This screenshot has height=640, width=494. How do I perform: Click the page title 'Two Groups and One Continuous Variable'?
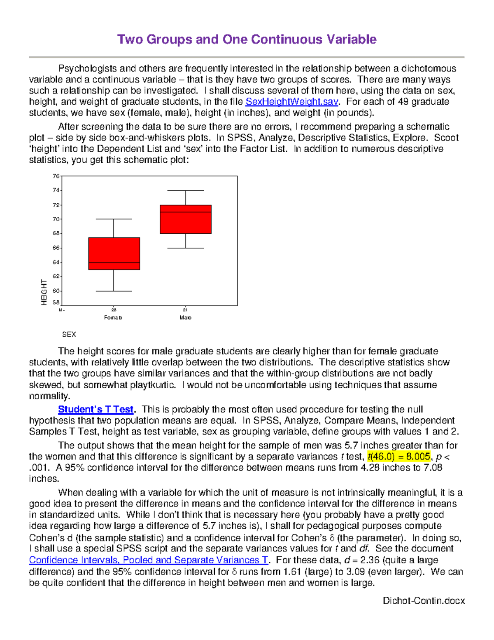pyautogui.click(x=247, y=39)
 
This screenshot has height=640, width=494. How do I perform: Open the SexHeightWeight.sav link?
pyautogui.click(x=291, y=102)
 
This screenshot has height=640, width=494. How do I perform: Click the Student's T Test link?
pyautogui.click(x=96, y=409)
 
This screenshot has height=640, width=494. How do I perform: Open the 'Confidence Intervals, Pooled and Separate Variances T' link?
pyautogui.click(x=149, y=560)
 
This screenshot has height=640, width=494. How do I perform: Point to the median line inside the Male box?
pyautogui.click(x=186, y=212)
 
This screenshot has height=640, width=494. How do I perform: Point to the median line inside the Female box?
pyautogui.click(x=114, y=263)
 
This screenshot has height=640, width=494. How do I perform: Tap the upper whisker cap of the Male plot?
pyautogui.click(x=186, y=190)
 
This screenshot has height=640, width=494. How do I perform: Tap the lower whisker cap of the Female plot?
pyautogui.click(x=114, y=291)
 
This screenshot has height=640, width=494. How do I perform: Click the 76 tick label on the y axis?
pyautogui.click(x=56, y=176)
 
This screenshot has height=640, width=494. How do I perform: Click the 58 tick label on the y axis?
pyautogui.click(x=56, y=302)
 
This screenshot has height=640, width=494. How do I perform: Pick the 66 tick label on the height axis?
pyautogui.click(x=56, y=248)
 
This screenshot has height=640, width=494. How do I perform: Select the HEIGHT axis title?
pyautogui.click(x=44, y=292)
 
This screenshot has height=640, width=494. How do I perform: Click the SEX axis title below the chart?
pyautogui.click(x=69, y=335)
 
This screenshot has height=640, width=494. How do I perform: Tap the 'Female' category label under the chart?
pyautogui.click(x=113, y=318)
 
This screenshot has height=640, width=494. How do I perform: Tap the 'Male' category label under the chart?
pyautogui.click(x=185, y=318)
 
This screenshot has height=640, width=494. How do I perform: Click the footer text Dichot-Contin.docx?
pyautogui.click(x=424, y=600)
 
